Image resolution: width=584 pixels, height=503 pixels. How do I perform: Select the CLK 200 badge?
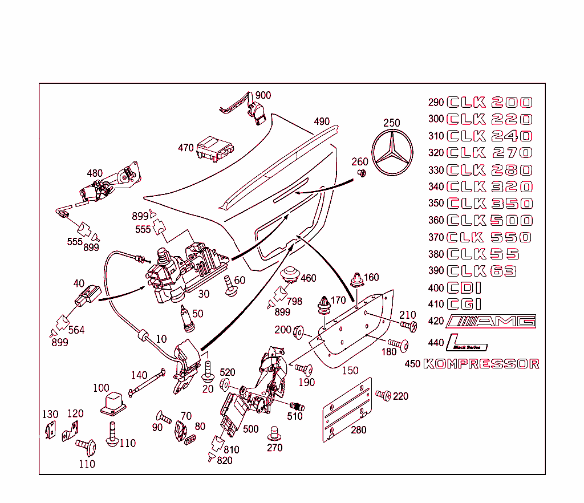click(x=489, y=103)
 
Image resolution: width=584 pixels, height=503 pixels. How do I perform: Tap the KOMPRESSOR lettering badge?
click(x=481, y=364)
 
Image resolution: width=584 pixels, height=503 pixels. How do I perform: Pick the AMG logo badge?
click(x=491, y=321)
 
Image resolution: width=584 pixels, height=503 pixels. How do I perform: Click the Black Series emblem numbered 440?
click(x=467, y=342)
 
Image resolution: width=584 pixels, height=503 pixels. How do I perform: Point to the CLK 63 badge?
click(x=482, y=271)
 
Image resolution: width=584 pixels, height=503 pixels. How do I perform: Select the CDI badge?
click(x=464, y=288)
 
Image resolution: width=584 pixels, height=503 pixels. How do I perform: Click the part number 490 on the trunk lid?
click(x=322, y=121)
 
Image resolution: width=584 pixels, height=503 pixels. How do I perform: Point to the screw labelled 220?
click(x=383, y=395)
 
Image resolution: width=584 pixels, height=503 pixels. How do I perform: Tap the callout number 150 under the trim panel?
click(x=350, y=370)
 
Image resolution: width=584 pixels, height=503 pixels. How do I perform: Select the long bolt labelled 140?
click(x=147, y=382)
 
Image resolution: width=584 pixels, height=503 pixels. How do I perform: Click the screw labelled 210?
click(x=408, y=325)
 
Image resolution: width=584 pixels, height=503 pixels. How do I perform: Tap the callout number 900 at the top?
click(x=263, y=95)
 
